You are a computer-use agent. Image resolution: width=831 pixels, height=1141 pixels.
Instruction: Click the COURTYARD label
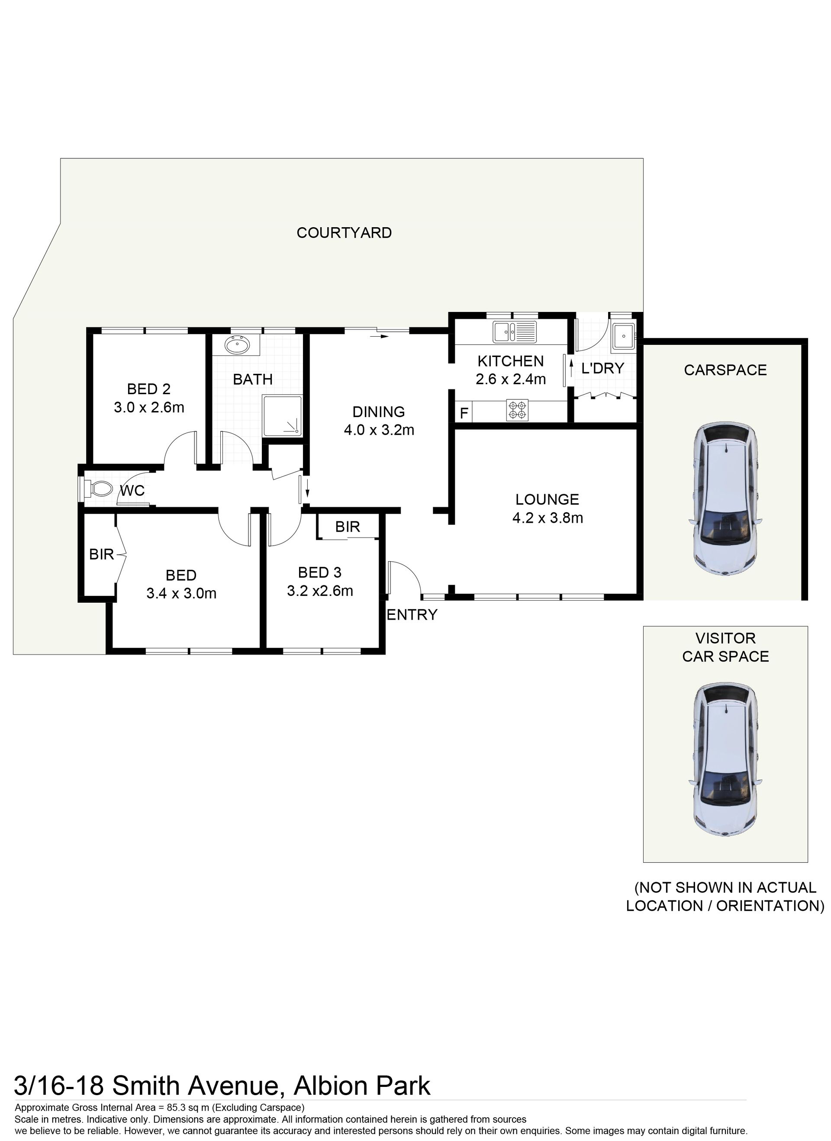pos(344,232)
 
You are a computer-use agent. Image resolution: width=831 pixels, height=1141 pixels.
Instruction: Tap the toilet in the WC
pos(96,489)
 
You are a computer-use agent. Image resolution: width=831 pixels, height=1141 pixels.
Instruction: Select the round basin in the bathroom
pos(237,345)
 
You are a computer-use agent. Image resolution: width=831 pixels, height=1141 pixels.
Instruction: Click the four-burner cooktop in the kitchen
pos(517,409)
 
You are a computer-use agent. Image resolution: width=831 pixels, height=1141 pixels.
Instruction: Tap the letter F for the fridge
pos(464,413)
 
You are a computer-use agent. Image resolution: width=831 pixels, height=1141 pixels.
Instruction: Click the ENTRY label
pos(412,614)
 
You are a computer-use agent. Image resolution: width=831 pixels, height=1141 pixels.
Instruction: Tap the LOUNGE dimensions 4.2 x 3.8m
pos(548,517)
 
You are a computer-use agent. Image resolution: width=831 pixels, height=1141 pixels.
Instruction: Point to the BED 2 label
pos(148,389)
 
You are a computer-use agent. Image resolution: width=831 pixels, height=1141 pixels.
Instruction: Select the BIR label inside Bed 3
pos(347,527)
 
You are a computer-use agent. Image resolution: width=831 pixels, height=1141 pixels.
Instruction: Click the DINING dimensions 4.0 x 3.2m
pos(379,430)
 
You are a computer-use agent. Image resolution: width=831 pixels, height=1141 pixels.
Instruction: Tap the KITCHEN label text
pos(510,361)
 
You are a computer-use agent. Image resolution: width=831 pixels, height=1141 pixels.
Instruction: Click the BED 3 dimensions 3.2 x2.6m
pos(320,591)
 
